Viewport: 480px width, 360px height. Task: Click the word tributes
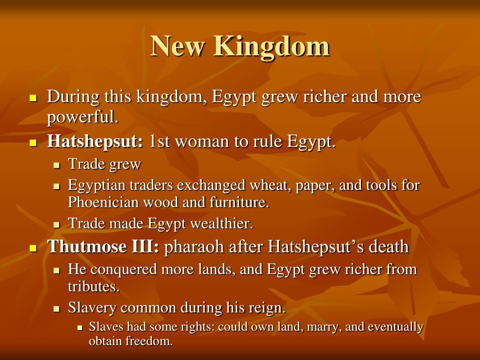coord(94,286)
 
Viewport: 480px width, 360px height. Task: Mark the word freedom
coord(149,341)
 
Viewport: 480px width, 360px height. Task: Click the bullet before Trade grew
coord(57,165)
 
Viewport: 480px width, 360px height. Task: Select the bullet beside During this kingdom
coord(33,98)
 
